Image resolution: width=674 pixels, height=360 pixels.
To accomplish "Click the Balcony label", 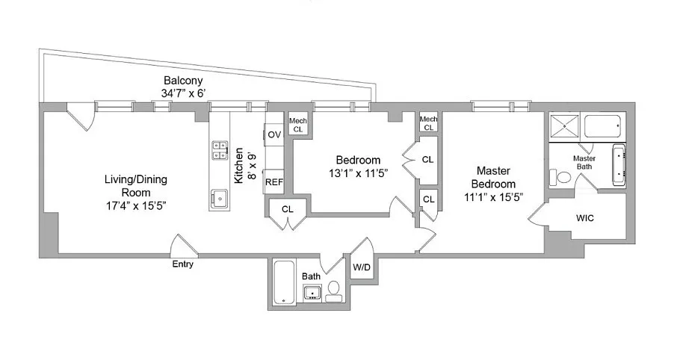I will coord(183,81).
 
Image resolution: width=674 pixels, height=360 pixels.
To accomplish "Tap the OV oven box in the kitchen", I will coord(274,134).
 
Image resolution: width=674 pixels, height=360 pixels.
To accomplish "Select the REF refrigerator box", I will coord(274,181).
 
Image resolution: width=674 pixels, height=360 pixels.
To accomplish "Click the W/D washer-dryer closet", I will coord(362,267).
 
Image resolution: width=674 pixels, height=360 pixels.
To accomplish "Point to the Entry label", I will coord(183,264).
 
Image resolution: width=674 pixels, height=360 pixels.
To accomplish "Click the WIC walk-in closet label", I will coord(585,218).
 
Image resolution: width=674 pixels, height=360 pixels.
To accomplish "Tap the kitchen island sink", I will coord(220,199).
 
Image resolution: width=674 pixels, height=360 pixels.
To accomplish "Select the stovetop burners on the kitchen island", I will coord(220,151).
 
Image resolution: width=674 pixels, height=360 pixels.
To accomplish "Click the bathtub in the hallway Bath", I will coord(284,282).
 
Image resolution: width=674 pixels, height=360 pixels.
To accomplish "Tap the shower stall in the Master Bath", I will coord(563,125).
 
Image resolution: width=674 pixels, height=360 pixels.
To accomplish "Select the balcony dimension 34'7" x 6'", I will coord(183,93).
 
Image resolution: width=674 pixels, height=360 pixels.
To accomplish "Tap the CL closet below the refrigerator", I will coord(288,209).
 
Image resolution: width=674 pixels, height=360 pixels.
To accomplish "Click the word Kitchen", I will coord(238,165).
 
